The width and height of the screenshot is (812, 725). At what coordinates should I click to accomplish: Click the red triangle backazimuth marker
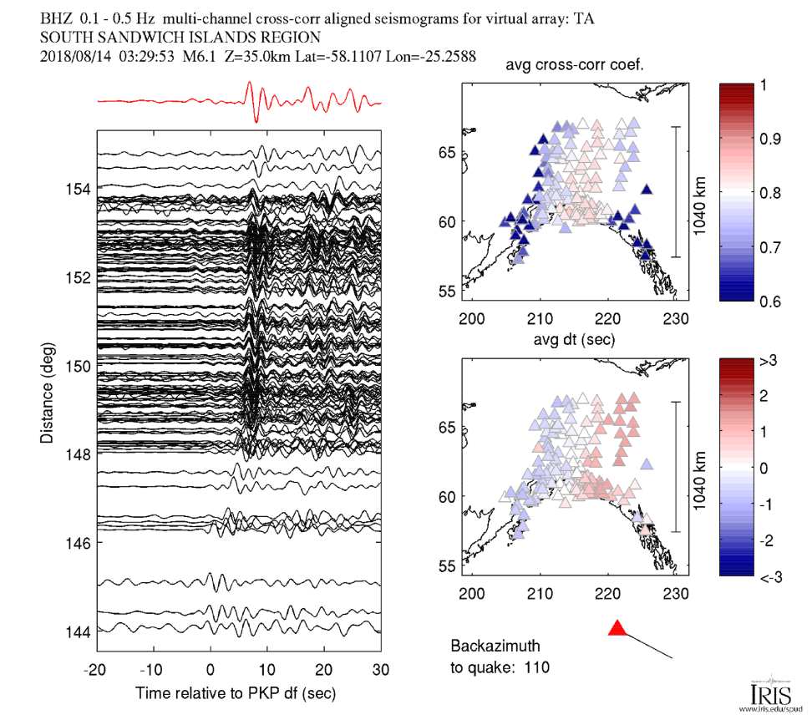[x=617, y=628]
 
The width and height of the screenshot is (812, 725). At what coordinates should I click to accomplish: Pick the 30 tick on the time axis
[x=381, y=670]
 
